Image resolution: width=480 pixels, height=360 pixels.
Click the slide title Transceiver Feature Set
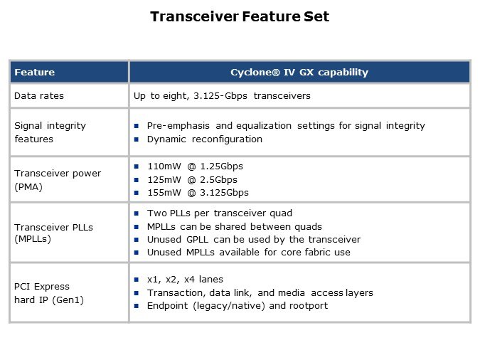tap(240, 16)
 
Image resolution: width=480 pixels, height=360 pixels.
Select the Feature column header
tap(35, 73)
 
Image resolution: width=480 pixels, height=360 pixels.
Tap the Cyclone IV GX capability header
tap(299, 73)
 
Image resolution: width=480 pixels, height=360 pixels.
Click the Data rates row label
tap(39, 96)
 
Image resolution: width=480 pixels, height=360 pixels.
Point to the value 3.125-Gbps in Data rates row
tap(220, 96)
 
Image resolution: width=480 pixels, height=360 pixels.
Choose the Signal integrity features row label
tap(50, 132)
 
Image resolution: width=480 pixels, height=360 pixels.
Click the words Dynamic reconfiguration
tap(205, 139)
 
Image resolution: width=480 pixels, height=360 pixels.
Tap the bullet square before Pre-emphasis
tap(137, 126)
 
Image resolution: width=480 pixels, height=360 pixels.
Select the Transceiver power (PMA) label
tap(58, 180)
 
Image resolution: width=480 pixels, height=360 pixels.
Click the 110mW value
tap(164, 166)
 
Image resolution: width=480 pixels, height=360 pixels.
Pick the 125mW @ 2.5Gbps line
tap(192, 180)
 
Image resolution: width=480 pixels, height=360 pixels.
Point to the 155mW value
tap(164, 193)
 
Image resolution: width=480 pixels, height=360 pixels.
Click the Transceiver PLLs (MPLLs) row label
tap(53, 233)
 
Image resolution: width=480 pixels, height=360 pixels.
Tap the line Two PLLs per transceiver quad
tap(220, 213)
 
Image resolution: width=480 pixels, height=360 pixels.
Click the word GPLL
tap(197, 240)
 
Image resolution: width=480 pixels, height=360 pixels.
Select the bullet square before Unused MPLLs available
tap(137, 253)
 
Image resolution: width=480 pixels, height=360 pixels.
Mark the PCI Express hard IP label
tap(49, 293)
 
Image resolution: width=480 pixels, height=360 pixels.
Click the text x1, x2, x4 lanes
tap(185, 280)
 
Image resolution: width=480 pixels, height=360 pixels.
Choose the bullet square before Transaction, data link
tap(137, 293)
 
